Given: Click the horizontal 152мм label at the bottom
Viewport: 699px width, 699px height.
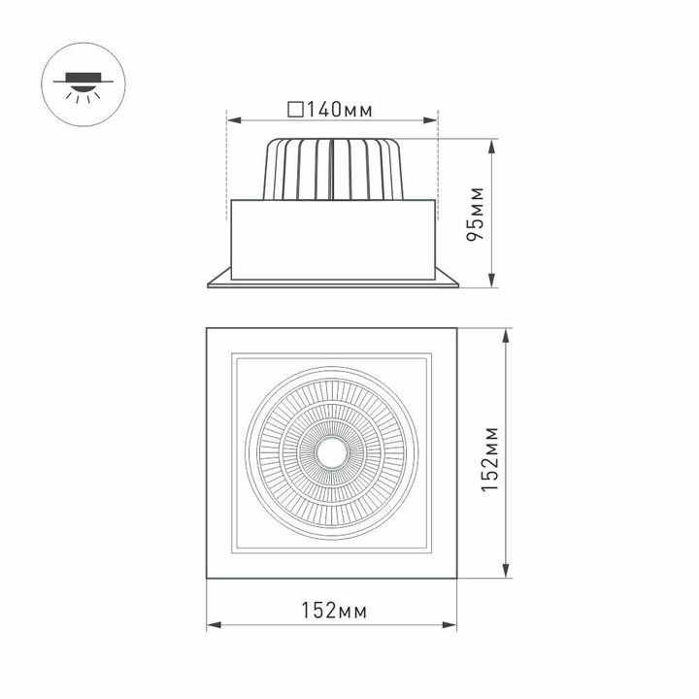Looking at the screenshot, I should click(x=333, y=611).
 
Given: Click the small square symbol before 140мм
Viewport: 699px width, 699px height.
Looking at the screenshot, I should click(x=296, y=109).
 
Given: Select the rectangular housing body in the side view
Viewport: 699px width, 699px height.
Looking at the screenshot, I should click(x=332, y=234).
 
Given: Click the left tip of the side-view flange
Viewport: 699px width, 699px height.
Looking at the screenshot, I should click(x=208, y=284).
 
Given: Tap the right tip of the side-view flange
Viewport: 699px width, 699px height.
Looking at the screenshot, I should click(x=458, y=284).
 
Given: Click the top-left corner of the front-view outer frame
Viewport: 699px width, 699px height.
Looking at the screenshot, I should click(x=207, y=329).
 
